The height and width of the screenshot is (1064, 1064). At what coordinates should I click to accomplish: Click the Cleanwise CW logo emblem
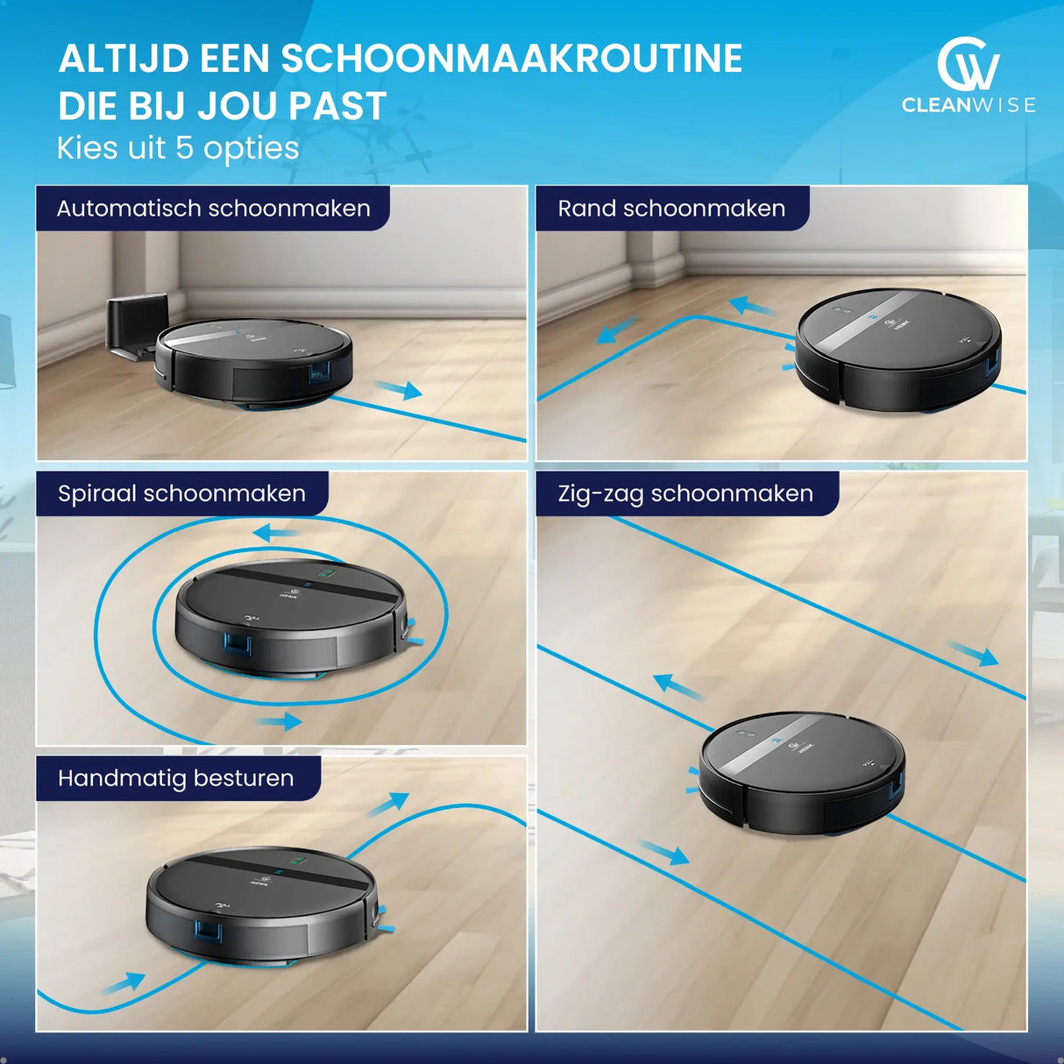click(x=968, y=64)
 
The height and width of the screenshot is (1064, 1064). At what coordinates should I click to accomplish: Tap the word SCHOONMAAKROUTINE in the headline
click(x=511, y=59)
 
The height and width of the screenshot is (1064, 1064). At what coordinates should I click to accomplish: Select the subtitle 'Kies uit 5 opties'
click(x=178, y=148)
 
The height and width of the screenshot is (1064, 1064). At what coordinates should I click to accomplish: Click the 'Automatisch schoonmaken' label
click(x=213, y=209)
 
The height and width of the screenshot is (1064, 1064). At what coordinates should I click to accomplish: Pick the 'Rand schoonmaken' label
click(x=671, y=209)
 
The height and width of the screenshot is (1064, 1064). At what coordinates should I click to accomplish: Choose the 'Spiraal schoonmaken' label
click(x=181, y=493)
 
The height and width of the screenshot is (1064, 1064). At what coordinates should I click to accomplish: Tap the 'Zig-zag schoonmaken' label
click(x=685, y=493)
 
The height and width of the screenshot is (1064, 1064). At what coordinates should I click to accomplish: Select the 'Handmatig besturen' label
click(x=175, y=778)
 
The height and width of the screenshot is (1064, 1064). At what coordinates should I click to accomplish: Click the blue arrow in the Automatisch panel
click(x=398, y=389)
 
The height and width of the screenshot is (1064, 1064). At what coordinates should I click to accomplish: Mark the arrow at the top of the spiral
click(x=276, y=533)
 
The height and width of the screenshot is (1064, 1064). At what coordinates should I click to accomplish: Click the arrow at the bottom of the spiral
click(x=280, y=722)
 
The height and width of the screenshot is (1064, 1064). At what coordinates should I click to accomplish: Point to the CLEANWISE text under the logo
click(x=968, y=105)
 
